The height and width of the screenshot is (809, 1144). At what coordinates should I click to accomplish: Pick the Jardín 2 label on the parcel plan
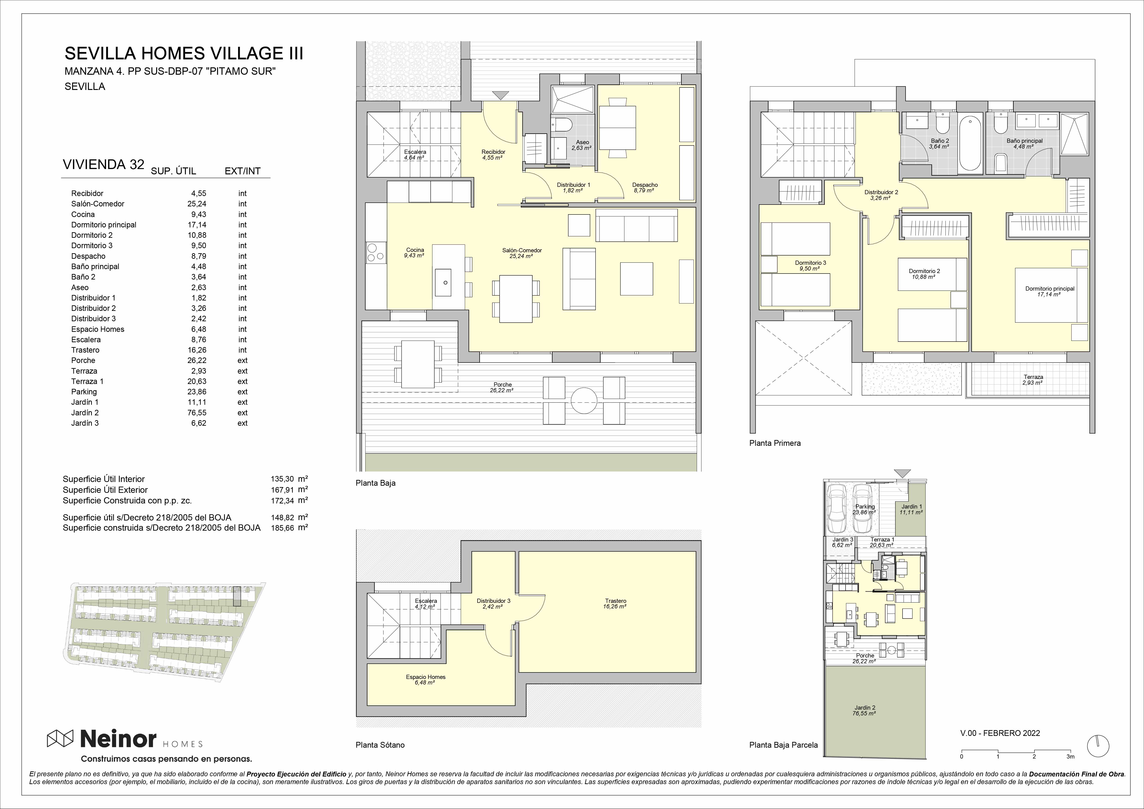click(864, 707)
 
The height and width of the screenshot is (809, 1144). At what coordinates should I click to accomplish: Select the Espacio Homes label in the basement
click(426, 677)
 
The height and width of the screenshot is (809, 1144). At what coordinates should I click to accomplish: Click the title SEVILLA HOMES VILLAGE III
click(184, 53)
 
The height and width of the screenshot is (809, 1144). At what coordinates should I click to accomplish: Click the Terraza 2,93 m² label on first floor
click(1033, 380)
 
